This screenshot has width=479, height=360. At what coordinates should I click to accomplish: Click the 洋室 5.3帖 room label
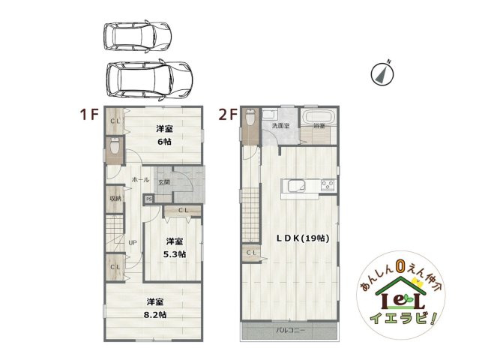175,247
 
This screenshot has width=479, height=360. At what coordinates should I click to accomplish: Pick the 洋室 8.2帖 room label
156,307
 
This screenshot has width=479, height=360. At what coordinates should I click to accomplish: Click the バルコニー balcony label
289,330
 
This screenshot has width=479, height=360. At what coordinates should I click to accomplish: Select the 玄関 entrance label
163,181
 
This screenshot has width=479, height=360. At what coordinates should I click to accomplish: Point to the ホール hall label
140,180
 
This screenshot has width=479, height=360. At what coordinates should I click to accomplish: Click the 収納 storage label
115,199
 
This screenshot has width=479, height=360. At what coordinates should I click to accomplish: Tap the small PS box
148,199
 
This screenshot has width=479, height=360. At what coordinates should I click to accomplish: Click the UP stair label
132,242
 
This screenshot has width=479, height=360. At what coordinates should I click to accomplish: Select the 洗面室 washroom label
280,126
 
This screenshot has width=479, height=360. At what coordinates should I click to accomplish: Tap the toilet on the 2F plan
250,119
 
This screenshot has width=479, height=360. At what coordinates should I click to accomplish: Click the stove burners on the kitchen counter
327,184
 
